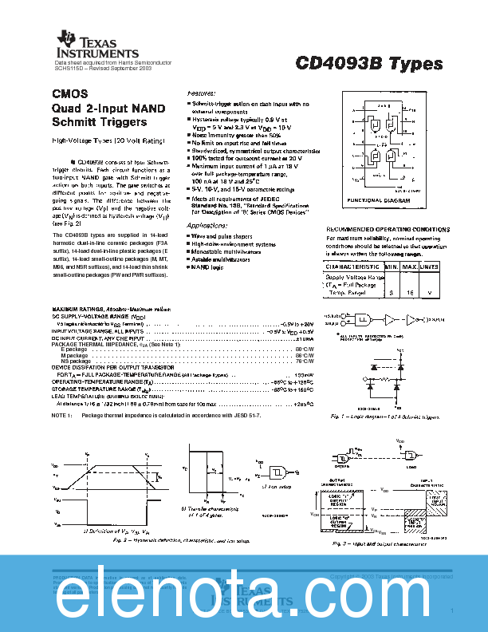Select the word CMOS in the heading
coord(69,93)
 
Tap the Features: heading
coord(202,93)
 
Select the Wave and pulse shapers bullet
coord(228,236)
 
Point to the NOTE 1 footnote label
coord(63,416)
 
